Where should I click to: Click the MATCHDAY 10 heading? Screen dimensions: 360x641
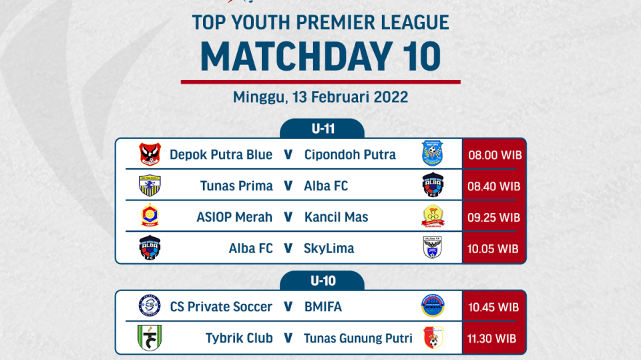(x=320, y=57)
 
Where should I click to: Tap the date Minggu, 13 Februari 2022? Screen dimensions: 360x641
(x=320, y=97)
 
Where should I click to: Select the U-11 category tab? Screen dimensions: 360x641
(x=322, y=129)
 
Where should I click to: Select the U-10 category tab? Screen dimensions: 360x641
(x=323, y=281)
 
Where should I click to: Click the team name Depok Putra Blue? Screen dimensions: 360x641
(x=221, y=154)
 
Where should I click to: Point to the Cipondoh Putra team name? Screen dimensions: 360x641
(x=350, y=154)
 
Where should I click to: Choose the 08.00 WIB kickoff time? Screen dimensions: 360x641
(x=494, y=155)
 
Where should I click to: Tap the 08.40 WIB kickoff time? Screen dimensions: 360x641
(x=494, y=186)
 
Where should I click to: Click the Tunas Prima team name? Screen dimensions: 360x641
(x=236, y=186)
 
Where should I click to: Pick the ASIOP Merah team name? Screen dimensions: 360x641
(x=234, y=217)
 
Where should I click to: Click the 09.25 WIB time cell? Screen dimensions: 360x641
(x=494, y=218)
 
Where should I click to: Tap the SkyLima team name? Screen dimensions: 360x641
(x=329, y=248)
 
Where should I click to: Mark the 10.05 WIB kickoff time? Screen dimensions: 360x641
(x=494, y=249)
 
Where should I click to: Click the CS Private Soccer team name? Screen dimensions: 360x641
(x=221, y=307)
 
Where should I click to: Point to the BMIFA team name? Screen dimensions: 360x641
(x=323, y=307)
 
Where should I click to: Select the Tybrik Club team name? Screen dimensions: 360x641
(x=239, y=338)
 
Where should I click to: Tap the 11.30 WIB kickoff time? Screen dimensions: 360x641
(x=494, y=339)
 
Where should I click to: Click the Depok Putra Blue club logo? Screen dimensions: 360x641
(x=150, y=154)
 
